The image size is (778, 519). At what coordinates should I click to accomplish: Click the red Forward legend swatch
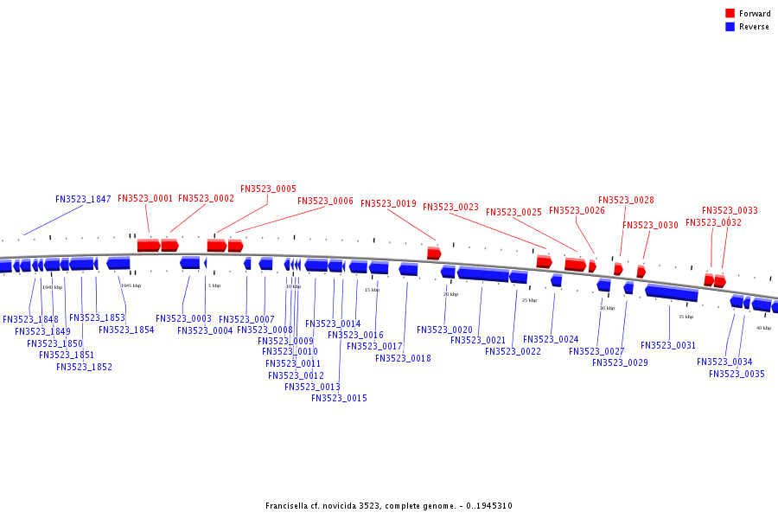pyautogui.click(x=730, y=13)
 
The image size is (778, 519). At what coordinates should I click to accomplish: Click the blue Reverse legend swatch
pyautogui.click(x=730, y=27)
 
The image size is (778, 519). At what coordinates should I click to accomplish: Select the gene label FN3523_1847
pyautogui.click(x=83, y=199)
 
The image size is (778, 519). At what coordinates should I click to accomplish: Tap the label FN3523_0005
pyautogui.click(x=268, y=189)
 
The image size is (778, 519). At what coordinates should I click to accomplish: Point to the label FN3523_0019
pyautogui.click(x=388, y=204)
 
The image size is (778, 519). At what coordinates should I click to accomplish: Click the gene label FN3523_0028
pyautogui.click(x=626, y=200)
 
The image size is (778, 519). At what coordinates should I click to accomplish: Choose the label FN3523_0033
pyautogui.click(x=730, y=210)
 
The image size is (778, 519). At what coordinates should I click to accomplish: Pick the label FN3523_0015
pyautogui.click(x=339, y=398)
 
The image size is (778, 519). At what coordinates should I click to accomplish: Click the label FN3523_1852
pyautogui.click(x=84, y=367)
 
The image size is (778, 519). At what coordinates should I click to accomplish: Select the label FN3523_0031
pyautogui.click(x=668, y=345)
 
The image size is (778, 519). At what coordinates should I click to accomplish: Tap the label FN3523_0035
pyautogui.click(x=737, y=374)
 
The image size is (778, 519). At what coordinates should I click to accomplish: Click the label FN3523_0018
pyautogui.click(x=403, y=358)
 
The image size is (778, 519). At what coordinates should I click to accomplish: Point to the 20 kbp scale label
pyautogui.click(x=450, y=294)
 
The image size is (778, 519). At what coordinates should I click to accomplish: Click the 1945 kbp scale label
pyautogui.click(x=131, y=285)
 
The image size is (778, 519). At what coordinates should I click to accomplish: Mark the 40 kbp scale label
pyautogui.click(x=763, y=328)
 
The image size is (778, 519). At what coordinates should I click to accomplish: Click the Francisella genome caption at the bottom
pyautogui.click(x=389, y=506)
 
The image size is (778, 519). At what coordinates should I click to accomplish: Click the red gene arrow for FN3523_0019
pyautogui.click(x=434, y=253)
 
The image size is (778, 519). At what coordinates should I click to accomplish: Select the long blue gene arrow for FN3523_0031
pyautogui.click(x=671, y=293)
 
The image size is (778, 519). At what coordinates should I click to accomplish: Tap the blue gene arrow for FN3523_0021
pyautogui.click(x=482, y=274)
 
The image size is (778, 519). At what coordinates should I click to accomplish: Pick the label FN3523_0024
pyautogui.click(x=551, y=339)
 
